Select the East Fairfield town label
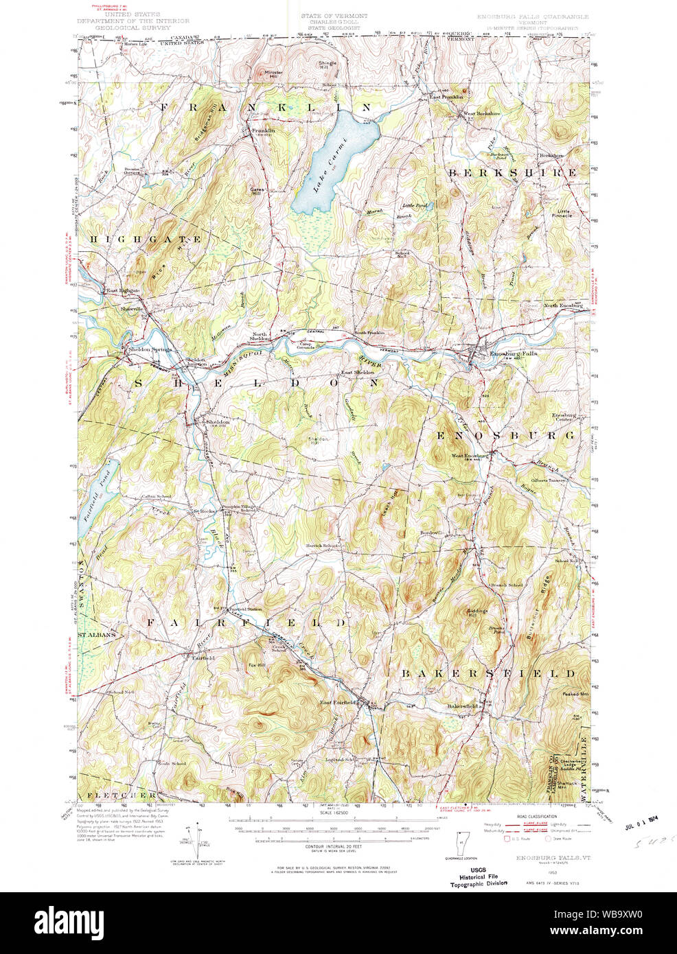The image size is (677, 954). (x=338, y=703)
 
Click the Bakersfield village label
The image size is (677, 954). (x=462, y=706)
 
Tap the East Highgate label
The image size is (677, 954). (x=122, y=291)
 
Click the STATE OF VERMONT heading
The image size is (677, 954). (x=334, y=15)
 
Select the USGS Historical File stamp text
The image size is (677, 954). (x=479, y=877)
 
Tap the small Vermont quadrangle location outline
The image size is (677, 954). (x=459, y=844)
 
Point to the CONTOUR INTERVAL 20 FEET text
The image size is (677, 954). (x=334, y=848)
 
